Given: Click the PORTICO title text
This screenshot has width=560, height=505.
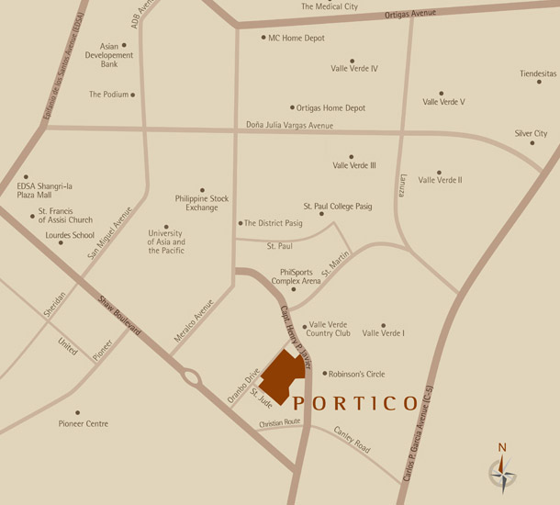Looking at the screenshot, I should point(355,403).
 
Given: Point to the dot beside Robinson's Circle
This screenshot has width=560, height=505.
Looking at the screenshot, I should point(325,374).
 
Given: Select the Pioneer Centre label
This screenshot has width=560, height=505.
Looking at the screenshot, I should point(84,423).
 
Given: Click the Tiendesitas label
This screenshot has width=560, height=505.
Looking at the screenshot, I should point(538,73).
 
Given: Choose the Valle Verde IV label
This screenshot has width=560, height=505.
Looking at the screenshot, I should point(354,68).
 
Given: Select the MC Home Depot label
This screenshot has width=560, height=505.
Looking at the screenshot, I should point(298,38).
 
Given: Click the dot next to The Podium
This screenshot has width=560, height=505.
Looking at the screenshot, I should point(133,95).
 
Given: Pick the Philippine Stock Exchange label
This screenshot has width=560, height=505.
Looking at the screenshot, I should point(202,202).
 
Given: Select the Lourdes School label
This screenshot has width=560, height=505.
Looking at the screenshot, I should point(70,235).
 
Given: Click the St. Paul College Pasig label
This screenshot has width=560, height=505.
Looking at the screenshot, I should point(338,207).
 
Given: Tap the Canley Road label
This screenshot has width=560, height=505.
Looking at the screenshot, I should point(353,442).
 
